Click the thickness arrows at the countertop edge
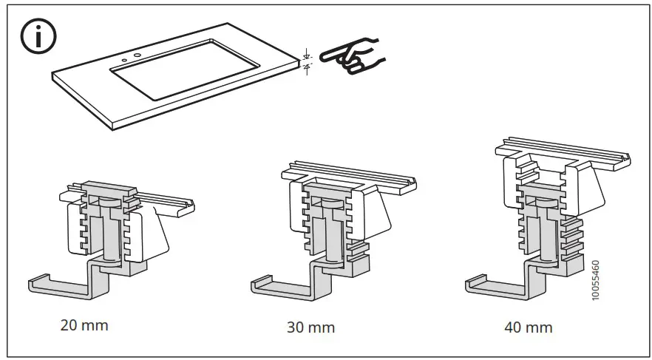[x=307, y=61]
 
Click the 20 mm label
[x=84, y=325]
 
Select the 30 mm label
[x=310, y=327]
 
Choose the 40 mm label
[x=528, y=326]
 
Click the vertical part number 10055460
[x=597, y=279]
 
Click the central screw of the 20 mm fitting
[x=109, y=229]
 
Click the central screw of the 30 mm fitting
[x=333, y=229]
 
